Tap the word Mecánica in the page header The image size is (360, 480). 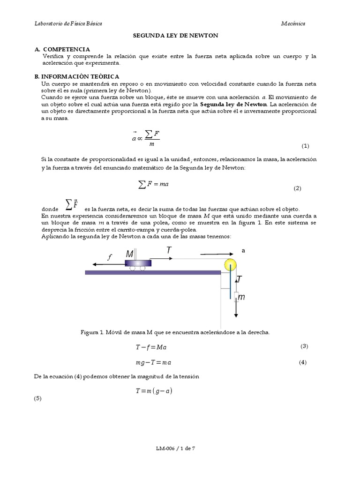pos(293,23)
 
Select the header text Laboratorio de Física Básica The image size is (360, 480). pos(69,23)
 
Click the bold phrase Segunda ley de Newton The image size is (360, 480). pos(233,104)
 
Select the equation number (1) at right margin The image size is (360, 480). pos(305,145)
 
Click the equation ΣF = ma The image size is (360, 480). pos(153,184)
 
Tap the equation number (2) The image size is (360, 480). pos(298,188)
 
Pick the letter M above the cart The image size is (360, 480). pos(130,254)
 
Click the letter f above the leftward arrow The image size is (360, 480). pos(110,257)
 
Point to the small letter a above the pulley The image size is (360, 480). pos(243,251)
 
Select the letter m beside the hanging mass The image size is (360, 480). pos(241,297)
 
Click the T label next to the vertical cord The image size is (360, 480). pos(239,280)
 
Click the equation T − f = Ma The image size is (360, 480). pos(151,347)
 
